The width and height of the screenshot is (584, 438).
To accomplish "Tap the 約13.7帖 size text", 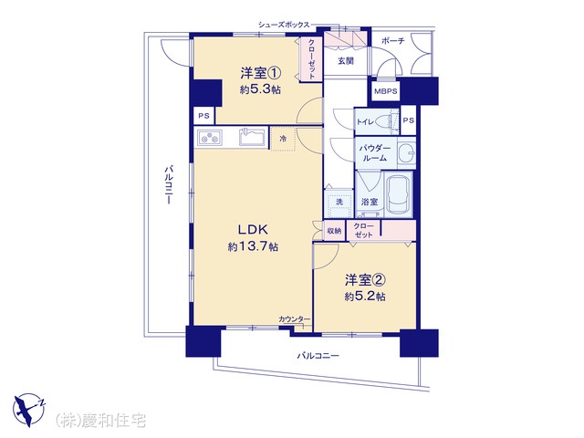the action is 253,246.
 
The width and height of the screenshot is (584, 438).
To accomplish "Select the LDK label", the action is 253,230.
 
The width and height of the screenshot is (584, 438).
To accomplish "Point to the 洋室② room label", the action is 365,280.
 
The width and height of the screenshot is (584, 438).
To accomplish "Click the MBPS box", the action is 386,91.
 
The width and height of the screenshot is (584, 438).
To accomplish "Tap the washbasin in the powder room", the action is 406,152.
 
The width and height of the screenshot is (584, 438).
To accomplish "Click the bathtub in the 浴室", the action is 399,194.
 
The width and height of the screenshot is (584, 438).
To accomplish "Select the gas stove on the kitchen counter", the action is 209,138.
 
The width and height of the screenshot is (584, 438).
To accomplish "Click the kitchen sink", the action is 252,138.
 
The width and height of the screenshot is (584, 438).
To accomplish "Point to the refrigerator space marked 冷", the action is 283,139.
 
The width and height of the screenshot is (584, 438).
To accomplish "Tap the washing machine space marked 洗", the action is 339,203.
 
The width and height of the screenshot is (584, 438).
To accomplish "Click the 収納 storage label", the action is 334,231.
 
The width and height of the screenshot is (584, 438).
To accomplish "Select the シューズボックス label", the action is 284,25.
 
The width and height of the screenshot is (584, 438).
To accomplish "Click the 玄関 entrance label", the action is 346,61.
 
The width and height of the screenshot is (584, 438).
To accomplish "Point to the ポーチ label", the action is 393,40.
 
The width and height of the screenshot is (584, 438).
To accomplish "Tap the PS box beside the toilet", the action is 409,120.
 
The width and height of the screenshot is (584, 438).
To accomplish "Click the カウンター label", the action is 294,318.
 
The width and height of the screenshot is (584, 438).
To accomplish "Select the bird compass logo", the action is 28,410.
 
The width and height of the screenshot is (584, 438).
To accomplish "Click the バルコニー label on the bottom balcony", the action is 318,356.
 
